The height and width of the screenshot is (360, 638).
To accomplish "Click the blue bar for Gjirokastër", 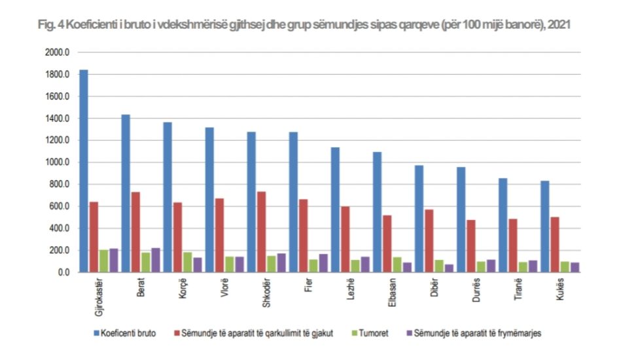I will [x=83, y=170].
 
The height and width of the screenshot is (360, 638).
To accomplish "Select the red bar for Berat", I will [x=135, y=232].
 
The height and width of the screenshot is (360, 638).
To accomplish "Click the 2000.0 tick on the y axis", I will [x=57, y=52].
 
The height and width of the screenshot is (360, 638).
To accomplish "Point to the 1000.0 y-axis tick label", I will [x=57, y=162].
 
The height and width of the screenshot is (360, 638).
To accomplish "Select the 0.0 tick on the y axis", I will [x=62, y=272].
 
